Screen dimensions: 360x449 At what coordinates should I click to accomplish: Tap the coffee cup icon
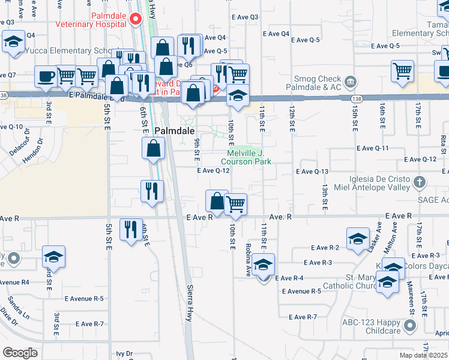pyautogui.click(x=46, y=77)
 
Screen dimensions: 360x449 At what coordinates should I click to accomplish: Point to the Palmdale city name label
pyautogui.click(x=174, y=130)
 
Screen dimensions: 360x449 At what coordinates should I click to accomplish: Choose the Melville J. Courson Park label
pyautogui.click(x=246, y=157)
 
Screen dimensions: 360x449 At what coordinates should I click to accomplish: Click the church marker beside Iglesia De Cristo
pyautogui.click(x=420, y=181)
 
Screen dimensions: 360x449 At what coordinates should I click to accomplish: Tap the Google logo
pyautogui.click(x=20, y=352)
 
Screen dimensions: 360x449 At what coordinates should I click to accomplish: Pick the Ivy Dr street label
pyautogui.click(x=124, y=354)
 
